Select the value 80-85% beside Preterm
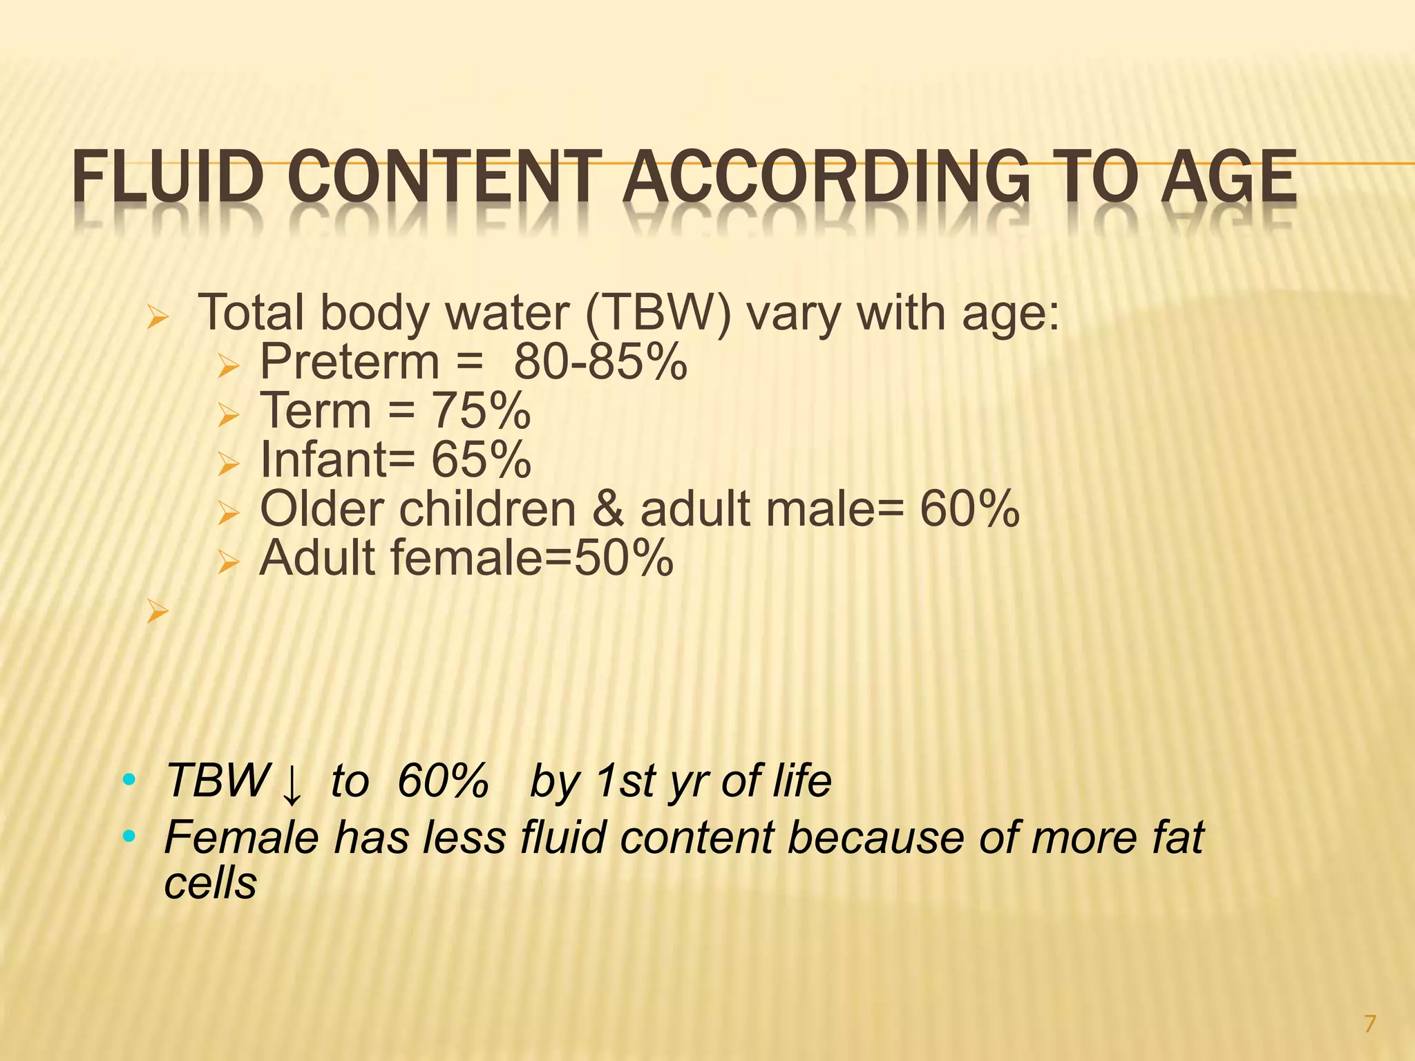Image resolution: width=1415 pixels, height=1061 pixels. (600, 362)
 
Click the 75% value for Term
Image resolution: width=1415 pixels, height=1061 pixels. (481, 411)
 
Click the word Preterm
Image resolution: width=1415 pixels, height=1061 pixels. (350, 362)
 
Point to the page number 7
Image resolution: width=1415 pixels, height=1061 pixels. (1370, 1023)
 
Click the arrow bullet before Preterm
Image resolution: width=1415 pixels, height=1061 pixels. (227, 366)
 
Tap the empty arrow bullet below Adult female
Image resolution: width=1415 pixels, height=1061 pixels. (158, 611)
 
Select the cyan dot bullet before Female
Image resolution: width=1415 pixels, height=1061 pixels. (128, 837)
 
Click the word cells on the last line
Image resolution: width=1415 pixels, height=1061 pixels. (210, 883)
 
